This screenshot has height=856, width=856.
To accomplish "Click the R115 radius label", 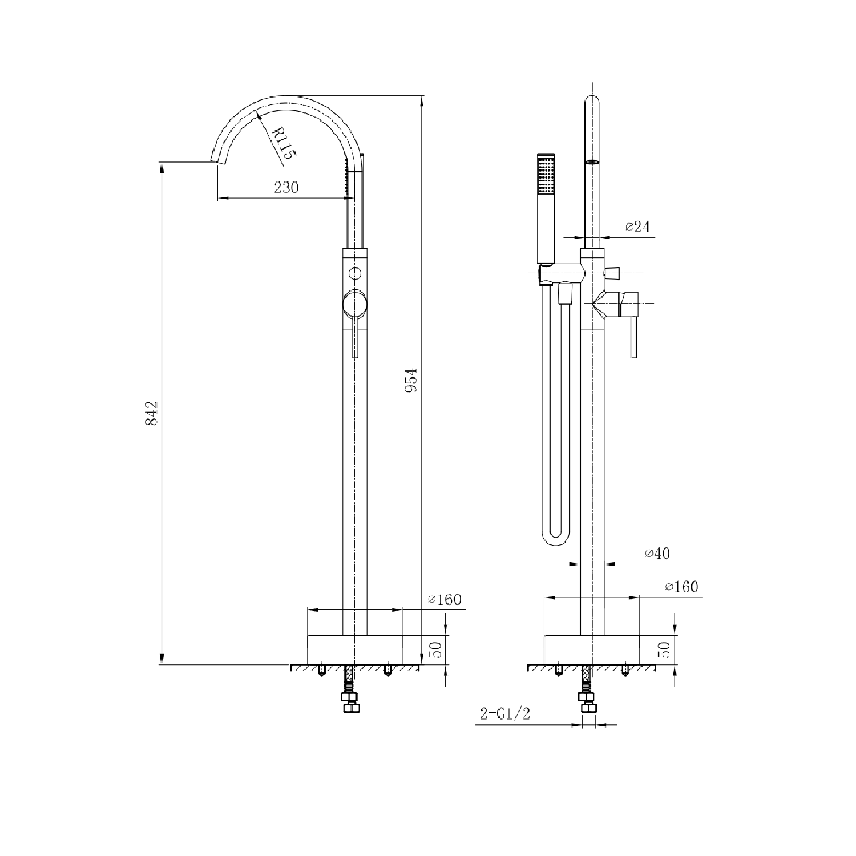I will click(282, 144).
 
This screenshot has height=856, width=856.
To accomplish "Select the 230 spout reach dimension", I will click(286, 187).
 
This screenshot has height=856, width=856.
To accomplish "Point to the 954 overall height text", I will click(411, 380).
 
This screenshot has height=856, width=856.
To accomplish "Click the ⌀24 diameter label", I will click(637, 227).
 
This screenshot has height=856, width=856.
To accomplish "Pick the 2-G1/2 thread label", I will click(506, 714).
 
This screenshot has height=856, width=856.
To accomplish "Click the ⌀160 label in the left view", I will click(445, 600).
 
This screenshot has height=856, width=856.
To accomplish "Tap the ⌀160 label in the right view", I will click(681, 587).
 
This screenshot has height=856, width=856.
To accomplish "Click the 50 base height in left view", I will click(435, 650).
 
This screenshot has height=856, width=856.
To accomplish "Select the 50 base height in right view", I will click(664, 650).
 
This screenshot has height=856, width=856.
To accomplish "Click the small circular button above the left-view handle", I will click(355, 273).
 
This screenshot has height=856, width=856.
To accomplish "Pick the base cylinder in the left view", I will click(355, 649).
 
